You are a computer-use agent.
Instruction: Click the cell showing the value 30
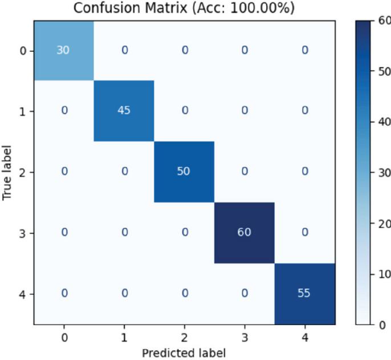(x=64, y=50)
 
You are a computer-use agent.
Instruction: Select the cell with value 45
(x=124, y=111)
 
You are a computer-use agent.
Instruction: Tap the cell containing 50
(x=184, y=172)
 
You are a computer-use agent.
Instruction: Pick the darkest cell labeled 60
(x=245, y=233)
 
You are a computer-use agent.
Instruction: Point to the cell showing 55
(x=305, y=294)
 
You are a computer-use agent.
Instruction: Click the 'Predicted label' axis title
(x=184, y=352)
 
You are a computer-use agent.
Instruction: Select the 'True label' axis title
(x=7, y=172)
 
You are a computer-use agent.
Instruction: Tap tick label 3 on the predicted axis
(x=245, y=338)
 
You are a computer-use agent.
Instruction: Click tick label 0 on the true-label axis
(x=23, y=51)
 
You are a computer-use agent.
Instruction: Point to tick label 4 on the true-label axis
(x=23, y=294)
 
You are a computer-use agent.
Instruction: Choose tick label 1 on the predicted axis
(x=124, y=338)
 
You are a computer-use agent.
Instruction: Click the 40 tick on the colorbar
(x=385, y=122)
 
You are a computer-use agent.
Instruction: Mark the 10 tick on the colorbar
(x=385, y=274)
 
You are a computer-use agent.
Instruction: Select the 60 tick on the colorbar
(x=385, y=21)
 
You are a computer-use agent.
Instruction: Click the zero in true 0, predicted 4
(x=305, y=50)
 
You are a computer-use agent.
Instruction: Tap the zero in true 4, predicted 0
(x=64, y=294)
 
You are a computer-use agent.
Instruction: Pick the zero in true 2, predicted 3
(x=245, y=172)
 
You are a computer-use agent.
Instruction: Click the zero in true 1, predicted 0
(x=64, y=111)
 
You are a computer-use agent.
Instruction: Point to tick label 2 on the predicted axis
(x=184, y=338)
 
